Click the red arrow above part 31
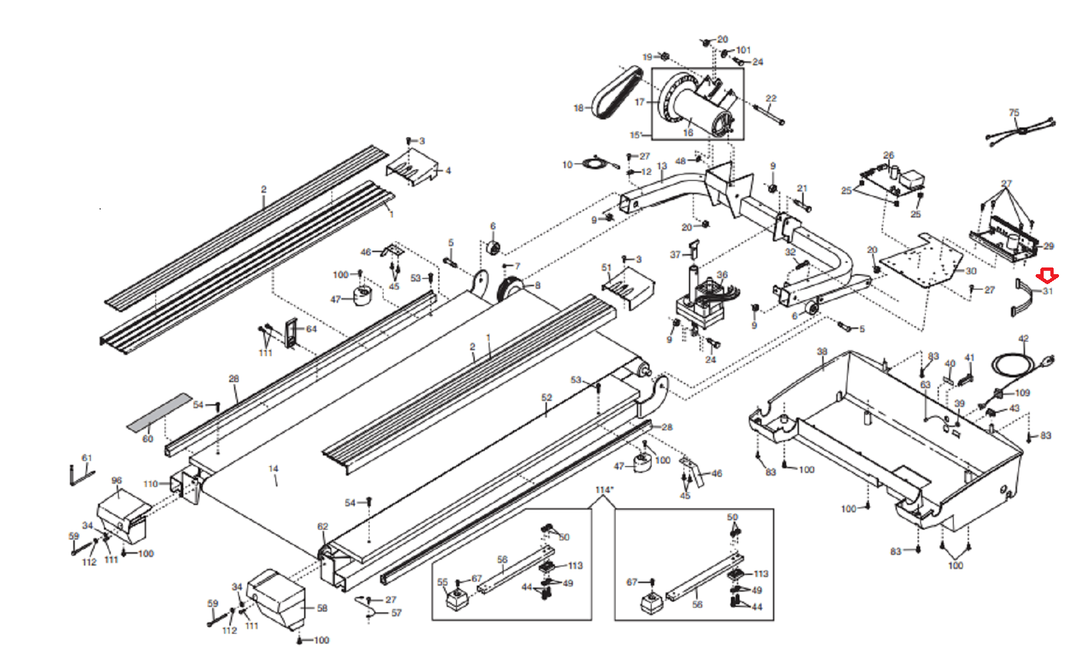coord(1047,275)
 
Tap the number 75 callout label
coord(1014,113)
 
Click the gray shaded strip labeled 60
coord(160,411)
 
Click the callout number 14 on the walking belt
coord(273,469)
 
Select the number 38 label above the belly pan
coord(822,352)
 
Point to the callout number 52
coord(547,398)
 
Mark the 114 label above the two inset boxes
coord(604,490)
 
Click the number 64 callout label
coord(311,329)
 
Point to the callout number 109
coord(1022,393)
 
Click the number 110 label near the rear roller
coord(151,484)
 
